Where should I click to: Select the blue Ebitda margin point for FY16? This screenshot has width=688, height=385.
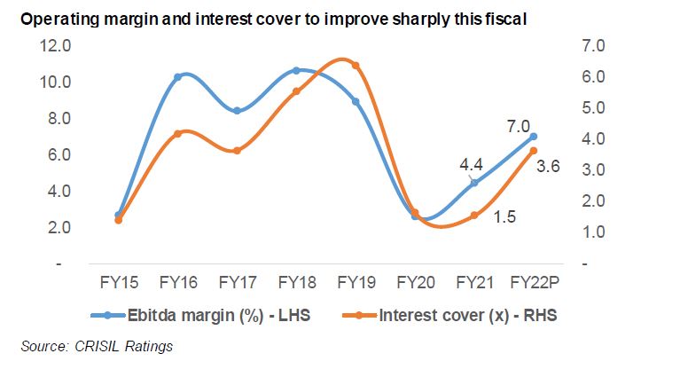click(x=178, y=77)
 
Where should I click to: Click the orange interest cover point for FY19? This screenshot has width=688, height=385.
click(x=356, y=66)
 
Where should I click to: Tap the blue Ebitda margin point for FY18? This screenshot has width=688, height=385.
click(x=296, y=70)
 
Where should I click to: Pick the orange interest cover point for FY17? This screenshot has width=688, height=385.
click(x=237, y=151)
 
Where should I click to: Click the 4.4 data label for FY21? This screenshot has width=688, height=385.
click(x=471, y=165)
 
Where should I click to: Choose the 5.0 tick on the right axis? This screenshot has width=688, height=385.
click(x=614, y=108)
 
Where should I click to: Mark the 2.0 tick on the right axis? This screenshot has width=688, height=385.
click(x=614, y=201)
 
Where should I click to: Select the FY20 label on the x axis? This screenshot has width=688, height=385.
click(x=415, y=283)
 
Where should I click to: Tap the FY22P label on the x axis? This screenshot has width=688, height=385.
click(x=533, y=283)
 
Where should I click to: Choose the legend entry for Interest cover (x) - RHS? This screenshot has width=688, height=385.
click(x=468, y=314)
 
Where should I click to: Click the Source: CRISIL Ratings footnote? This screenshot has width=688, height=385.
click(x=97, y=346)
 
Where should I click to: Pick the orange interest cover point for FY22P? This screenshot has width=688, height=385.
click(x=533, y=151)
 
